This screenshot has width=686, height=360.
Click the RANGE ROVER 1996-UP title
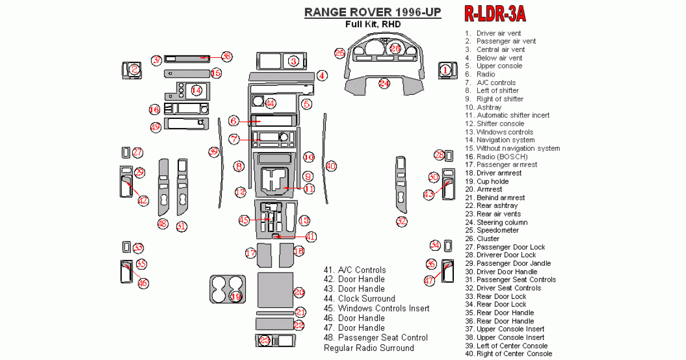click(372, 11)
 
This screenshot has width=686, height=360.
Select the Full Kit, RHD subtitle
click(372, 24)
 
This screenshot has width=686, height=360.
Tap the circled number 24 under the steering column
click(384, 83)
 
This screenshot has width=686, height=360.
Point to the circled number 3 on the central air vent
click(293, 61)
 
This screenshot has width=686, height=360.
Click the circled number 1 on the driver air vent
click(445, 70)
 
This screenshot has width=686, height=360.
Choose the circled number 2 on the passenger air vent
click(134, 70)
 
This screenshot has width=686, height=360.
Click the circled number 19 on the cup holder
click(236, 296)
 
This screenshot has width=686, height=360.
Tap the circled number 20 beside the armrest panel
click(300, 292)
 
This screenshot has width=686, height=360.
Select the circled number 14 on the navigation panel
click(197, 90)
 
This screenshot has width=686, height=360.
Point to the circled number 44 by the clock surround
click(270, 103)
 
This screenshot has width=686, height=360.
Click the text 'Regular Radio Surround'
click(369, 347)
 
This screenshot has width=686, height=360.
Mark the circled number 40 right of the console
click(330, 166)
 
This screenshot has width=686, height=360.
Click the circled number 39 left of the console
click(213, 151)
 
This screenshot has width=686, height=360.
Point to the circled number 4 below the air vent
click(322, 75)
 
